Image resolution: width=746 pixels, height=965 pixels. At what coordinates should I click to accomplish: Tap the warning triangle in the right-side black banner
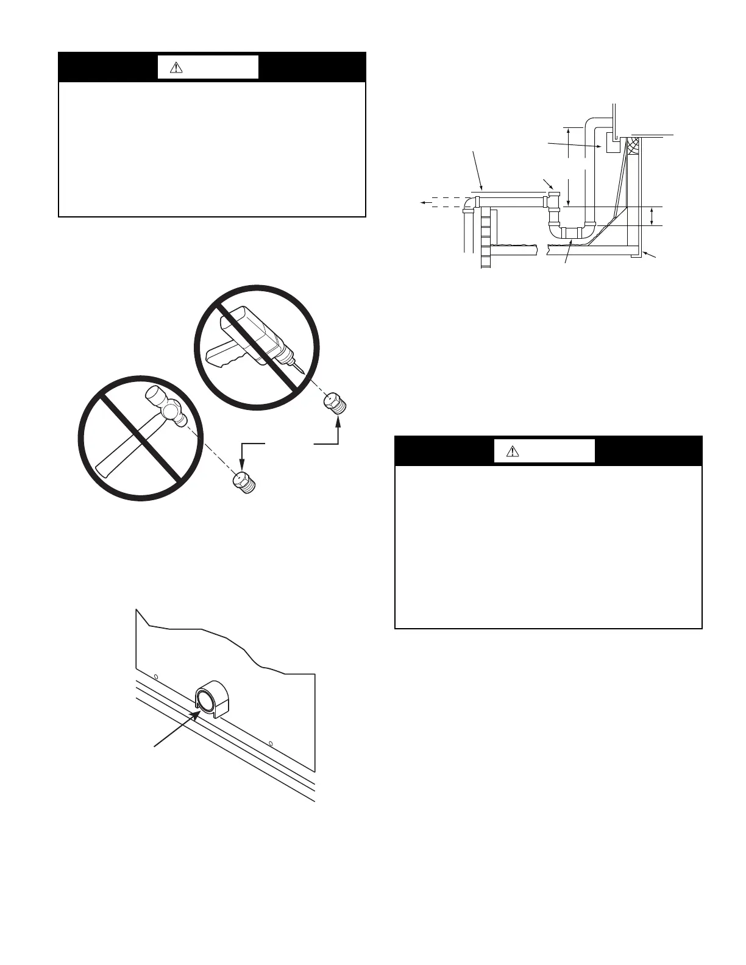click(x=513, y=451)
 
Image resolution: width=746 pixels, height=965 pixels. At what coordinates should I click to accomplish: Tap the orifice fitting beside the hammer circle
click(x=245, y=483)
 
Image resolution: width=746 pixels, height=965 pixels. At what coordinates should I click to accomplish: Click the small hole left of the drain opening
click(x=156, y=677)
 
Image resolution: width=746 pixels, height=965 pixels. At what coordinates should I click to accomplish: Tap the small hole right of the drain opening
click(x=271, y=743)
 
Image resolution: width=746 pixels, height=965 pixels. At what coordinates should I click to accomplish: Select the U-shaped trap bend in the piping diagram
click(x=572, y=232)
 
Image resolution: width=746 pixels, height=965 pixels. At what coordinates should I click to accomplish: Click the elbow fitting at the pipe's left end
click(x=470, y=202)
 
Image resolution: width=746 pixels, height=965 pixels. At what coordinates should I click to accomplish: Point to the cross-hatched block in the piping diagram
click(x=634, y=145)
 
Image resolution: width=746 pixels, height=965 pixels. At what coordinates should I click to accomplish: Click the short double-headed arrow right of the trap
click(x=653, y=216)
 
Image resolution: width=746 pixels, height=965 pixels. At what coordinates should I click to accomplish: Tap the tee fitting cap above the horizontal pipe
click(x=553, y=195)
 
